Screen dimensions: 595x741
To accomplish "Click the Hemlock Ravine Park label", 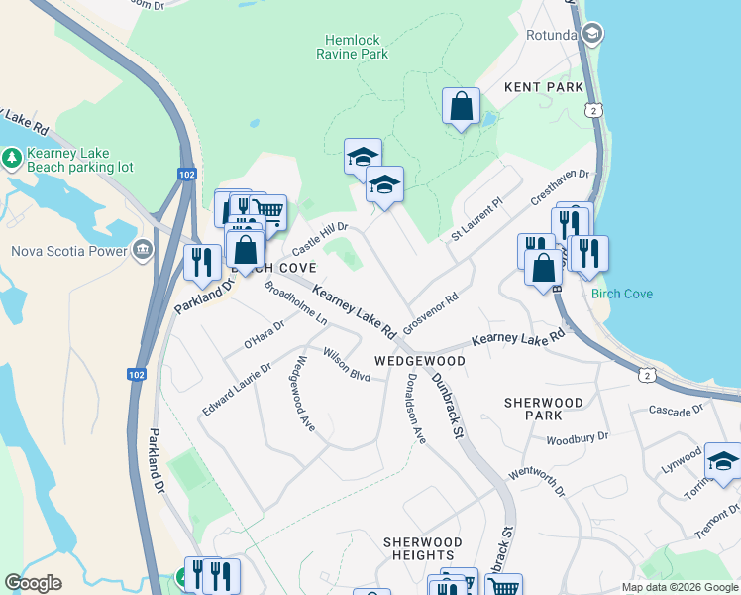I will click(352, 47).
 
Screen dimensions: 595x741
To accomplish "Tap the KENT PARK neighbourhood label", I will click(544, 88).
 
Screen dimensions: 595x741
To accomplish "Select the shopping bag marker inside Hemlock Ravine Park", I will click(461, 106).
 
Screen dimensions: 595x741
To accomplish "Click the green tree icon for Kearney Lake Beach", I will click(12, 157).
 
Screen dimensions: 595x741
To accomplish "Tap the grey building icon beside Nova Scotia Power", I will click(143, 249).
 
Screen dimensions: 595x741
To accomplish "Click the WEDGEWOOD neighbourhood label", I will click(419, 362).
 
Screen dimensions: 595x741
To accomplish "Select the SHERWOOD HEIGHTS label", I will click(423, 549).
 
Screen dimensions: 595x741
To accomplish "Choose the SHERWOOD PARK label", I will click(543, 410).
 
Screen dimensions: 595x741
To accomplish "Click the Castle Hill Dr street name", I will click(319, 235).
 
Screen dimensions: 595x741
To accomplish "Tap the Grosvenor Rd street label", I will click(430, 312).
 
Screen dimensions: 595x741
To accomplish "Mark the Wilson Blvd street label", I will click(346, 369).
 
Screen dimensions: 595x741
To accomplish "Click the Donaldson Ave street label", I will click(413, 408).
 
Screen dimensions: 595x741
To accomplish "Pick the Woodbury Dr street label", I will click(576, 436).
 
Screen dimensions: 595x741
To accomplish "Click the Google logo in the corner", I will click(33, 583).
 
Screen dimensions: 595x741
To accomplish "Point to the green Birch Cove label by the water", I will click(621, 294).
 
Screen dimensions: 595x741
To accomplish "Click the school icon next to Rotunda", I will click(591, 36).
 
